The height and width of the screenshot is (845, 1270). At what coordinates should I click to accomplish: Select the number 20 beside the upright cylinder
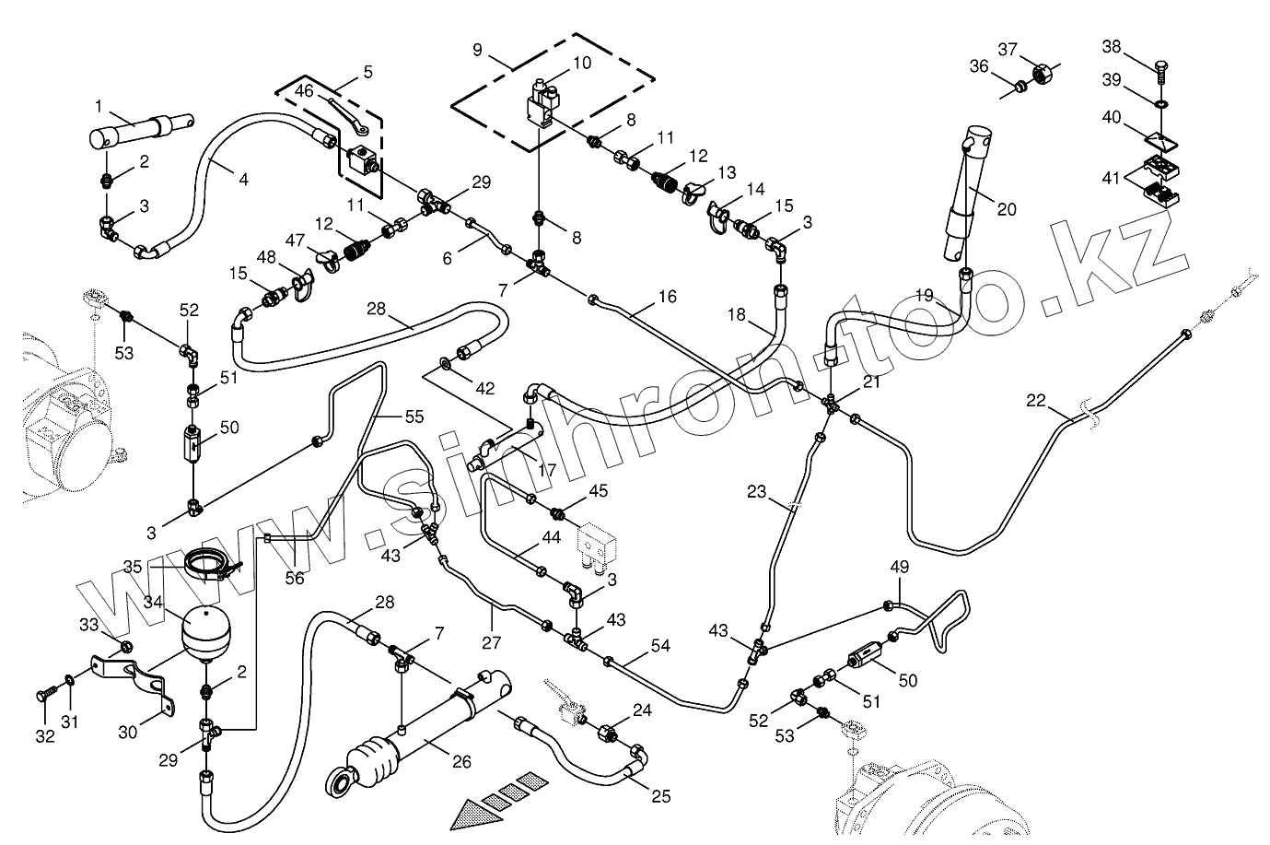(x=1007, y=210)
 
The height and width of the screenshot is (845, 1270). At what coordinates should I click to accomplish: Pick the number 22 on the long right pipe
(x=1036, y=401)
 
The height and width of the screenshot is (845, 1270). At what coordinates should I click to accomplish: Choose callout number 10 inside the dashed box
(x=582, y=64)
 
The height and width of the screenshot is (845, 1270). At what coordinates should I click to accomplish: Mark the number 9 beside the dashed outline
(x=477, y=48)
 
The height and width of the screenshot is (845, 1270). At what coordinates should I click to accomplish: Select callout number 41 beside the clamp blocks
(x=1112, y=179)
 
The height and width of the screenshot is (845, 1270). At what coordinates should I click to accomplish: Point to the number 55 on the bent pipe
(x=414, y=417)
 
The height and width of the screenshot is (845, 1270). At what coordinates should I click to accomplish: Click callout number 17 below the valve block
(x=546, y=469)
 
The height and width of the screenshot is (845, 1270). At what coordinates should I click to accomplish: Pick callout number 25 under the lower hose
(x=661, y=796)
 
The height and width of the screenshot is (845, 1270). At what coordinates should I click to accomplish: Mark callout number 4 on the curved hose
(x=243, y=181)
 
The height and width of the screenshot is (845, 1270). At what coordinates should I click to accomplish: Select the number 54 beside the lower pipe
(x=660, y=645)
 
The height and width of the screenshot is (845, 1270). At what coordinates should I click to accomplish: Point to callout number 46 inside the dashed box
(x=303, y=90)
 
